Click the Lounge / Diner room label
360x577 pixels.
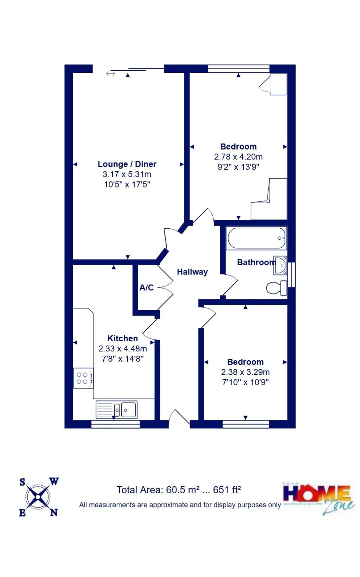[127, 164]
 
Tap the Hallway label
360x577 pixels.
[192, 272]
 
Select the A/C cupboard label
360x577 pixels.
[146, 287]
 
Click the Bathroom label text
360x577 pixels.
[256, 262]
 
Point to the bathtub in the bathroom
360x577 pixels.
[256, 238]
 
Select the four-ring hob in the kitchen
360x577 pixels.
[83, 378]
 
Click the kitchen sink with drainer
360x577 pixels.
[116, 410]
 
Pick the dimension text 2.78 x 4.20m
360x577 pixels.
[238, 157]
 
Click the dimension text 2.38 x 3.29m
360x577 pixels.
[245, 372]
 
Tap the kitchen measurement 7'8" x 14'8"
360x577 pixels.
[122, 359]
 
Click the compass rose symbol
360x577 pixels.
[38, 497]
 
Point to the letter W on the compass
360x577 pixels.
[54, 482]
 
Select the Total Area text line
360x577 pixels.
[179, 490]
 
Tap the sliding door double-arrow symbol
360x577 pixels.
[110, 74]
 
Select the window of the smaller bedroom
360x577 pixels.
[246, 424]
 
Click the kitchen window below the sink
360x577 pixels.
[115, 424]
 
